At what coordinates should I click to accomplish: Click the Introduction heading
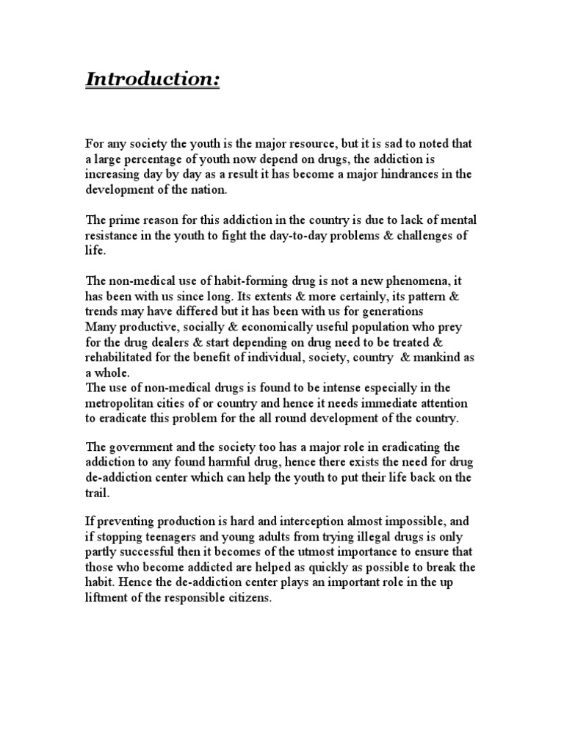152,79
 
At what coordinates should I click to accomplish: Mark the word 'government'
149,448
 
